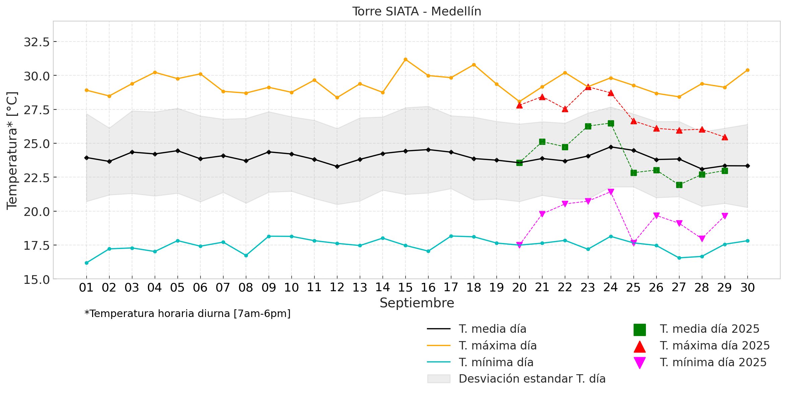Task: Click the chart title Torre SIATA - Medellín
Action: pos(416,12)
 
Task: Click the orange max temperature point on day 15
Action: pos(405,60)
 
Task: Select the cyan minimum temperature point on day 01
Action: pos(86,263)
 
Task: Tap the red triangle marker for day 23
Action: pos(588,87)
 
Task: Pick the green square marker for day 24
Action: pos(611,124)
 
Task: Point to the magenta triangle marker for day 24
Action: pos(611,192)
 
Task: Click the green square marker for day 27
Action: pos(679,185)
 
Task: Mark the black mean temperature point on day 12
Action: pos(337,166)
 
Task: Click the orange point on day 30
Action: pos(747,70)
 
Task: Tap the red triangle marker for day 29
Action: pos(725,137)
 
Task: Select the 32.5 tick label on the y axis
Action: pos(37,42)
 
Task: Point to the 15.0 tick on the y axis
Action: pos(37,279)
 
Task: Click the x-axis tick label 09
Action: pos(269,288)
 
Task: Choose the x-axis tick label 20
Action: pos(519,288)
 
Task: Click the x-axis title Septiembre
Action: pos(416,303)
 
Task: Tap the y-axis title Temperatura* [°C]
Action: pos(12,151)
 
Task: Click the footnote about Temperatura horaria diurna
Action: pos(188,314)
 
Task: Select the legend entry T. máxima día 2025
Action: pos(715,346)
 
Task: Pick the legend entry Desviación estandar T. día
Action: pos(532,379)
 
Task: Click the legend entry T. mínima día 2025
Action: pos(713,363)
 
